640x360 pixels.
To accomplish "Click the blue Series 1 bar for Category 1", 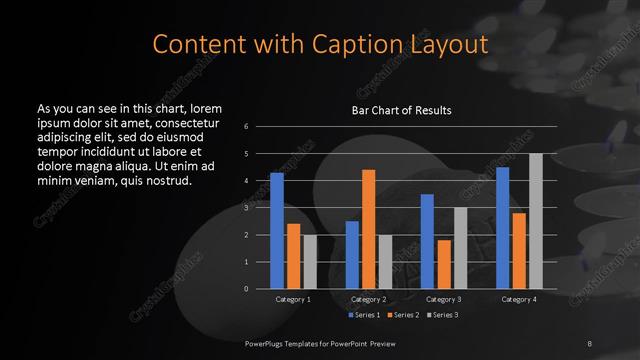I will point(277,231).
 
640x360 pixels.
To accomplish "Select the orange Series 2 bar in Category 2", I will point(368,229).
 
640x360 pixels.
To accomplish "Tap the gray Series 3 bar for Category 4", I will point(535,221).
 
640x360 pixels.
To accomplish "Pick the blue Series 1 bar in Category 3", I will point(427,241).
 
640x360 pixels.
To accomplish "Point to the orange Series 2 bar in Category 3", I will point(443,264).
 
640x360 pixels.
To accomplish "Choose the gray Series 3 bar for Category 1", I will point(310,262).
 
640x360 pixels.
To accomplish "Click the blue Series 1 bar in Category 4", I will point(502,228).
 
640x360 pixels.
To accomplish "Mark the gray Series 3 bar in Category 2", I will point(385,262).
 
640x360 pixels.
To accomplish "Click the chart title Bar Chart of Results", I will point(401,110).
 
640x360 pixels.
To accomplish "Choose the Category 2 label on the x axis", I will point(368,299).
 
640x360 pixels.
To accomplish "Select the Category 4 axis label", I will point(519,299).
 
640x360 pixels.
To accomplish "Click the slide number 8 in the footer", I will point(589,343).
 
